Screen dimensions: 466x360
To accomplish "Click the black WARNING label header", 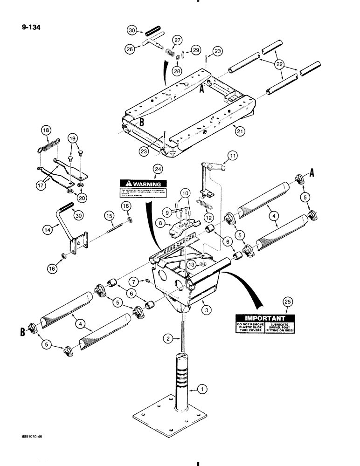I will pyautogui.click(x=142, y=184).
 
